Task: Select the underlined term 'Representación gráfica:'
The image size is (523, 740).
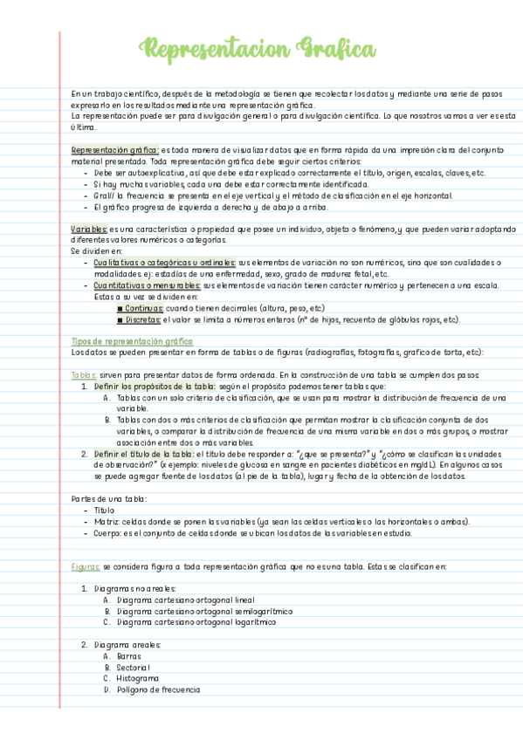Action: coord(115,150)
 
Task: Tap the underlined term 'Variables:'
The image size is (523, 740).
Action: coord(91,229)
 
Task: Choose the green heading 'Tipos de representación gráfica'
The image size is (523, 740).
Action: coord(132,341)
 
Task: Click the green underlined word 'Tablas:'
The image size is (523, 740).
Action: coord(86,375)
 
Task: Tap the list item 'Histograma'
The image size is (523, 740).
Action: coord(137,678)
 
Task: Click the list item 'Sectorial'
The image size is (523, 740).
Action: coord(134,667)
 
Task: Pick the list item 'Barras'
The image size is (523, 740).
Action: coord(128,655)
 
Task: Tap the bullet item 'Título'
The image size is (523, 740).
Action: coord(104,510)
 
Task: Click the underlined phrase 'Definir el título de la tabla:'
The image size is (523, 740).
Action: coord(144,454)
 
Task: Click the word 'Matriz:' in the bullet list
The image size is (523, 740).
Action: coord(107,521)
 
